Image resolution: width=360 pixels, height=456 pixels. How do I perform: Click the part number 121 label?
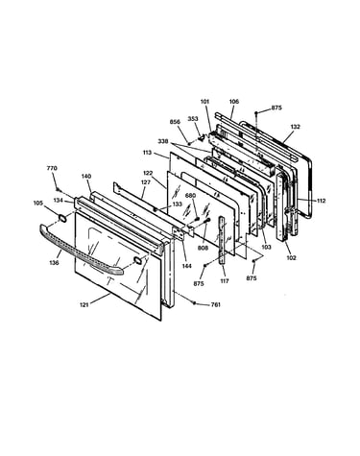click(84, 305)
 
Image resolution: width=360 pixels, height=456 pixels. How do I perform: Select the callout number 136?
click(54, 263)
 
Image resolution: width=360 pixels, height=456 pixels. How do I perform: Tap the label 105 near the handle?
click(38, 203)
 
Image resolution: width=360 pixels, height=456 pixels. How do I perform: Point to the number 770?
click(52, 168)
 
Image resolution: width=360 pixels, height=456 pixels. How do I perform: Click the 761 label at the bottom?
click(216, 304)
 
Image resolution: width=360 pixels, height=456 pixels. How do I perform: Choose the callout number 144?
click(187, 266)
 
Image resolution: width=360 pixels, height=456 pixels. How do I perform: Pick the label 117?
click(225, 281)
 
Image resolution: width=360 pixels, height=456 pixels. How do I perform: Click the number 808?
click(203, 248)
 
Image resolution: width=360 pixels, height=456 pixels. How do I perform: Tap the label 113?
click(147, 153)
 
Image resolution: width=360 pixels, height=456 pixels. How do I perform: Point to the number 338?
click(162, 141)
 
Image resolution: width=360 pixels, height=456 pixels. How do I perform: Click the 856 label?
click(175, 122)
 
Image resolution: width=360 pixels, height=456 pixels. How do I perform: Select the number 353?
click(193, 119)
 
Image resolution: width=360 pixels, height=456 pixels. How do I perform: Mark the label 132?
click(296, 127)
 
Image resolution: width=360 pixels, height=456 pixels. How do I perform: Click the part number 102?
click(291, 258)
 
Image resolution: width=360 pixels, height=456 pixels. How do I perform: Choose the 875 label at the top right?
click(276, 108)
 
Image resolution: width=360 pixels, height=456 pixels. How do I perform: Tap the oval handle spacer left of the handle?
click(62, 219)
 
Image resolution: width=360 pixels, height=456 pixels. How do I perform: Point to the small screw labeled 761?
click(194, 302)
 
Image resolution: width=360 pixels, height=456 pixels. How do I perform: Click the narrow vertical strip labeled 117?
click(223, 239)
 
